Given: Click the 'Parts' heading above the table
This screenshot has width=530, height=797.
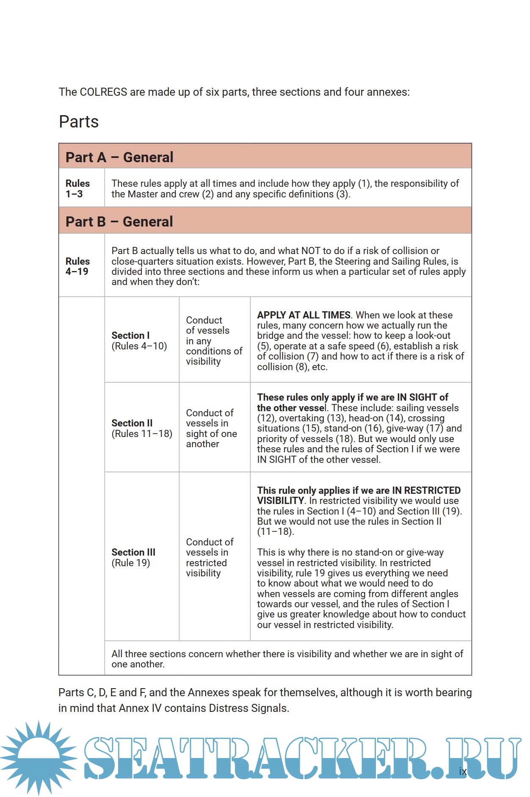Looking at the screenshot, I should pyautogui.click(x=79, y=122).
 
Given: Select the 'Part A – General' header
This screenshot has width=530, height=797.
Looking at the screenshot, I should pyautogui.click(x=119, y=157).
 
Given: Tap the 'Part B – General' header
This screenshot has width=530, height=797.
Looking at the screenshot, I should pyautogui.click(x=119, y=221).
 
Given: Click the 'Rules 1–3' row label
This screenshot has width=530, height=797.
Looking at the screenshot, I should pyautogui.click(x=77, y=189).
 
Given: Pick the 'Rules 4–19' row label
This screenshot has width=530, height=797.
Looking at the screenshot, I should pyautogui.click(x=77, y=266).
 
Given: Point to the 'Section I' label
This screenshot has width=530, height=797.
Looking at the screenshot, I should pyautogui.click(x=130, y=335).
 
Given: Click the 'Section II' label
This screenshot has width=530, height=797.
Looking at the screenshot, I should pyautogui.click(x=132, y=423).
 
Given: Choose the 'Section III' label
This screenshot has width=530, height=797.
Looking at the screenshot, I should pyautogui.click(x=133, y=552).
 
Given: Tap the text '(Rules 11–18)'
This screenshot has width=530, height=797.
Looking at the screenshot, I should pyautogui.click(x=142, y=434).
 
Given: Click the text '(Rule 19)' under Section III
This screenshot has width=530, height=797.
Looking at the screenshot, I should pyautogui.click(x=130, y=563).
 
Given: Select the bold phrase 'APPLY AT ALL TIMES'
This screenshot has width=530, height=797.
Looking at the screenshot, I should pyautogui.click(x=304, y=315).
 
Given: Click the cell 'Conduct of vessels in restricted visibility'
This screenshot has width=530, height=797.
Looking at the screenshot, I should pyautogui.click(x=210, y=557).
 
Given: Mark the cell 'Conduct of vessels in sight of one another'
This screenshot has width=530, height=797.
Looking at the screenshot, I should pyautogui.click(x=211, y=428).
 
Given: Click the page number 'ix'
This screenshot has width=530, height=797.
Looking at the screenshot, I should pyautogui.click(x=463, y=771).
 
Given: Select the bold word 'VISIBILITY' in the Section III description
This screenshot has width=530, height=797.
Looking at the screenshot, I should pyautogui.click(x=280, y=501).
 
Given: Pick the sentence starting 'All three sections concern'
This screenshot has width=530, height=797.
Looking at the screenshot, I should pyautogui.click(x=287, y=659).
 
